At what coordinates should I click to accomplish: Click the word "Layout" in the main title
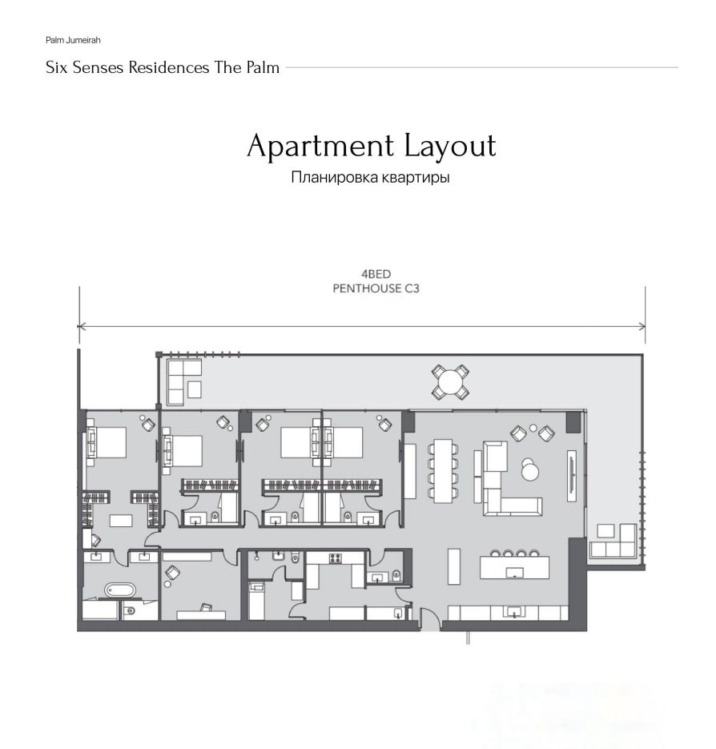[450, 147]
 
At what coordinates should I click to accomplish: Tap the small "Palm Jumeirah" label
[73, 40]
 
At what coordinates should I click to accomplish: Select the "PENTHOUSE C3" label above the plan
[376, 288]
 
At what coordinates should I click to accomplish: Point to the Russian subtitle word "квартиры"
[416, 177]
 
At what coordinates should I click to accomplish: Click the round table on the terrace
[450, 381]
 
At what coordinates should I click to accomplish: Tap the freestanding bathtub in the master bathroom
[119, 590]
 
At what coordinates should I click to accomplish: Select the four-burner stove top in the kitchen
[335, 558]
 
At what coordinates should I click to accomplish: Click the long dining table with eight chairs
[443, 471]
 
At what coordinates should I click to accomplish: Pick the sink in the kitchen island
[514, 572]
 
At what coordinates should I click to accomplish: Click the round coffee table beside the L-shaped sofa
[529, 472]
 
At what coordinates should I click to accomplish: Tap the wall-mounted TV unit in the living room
[571, 476]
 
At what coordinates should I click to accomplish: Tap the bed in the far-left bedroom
[107, 443]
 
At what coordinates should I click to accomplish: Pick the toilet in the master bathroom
[130, 611]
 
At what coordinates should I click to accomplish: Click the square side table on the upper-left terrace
[194, 390]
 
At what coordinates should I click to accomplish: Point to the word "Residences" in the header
[169, 67]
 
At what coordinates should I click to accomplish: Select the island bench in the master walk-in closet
[121, 520]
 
